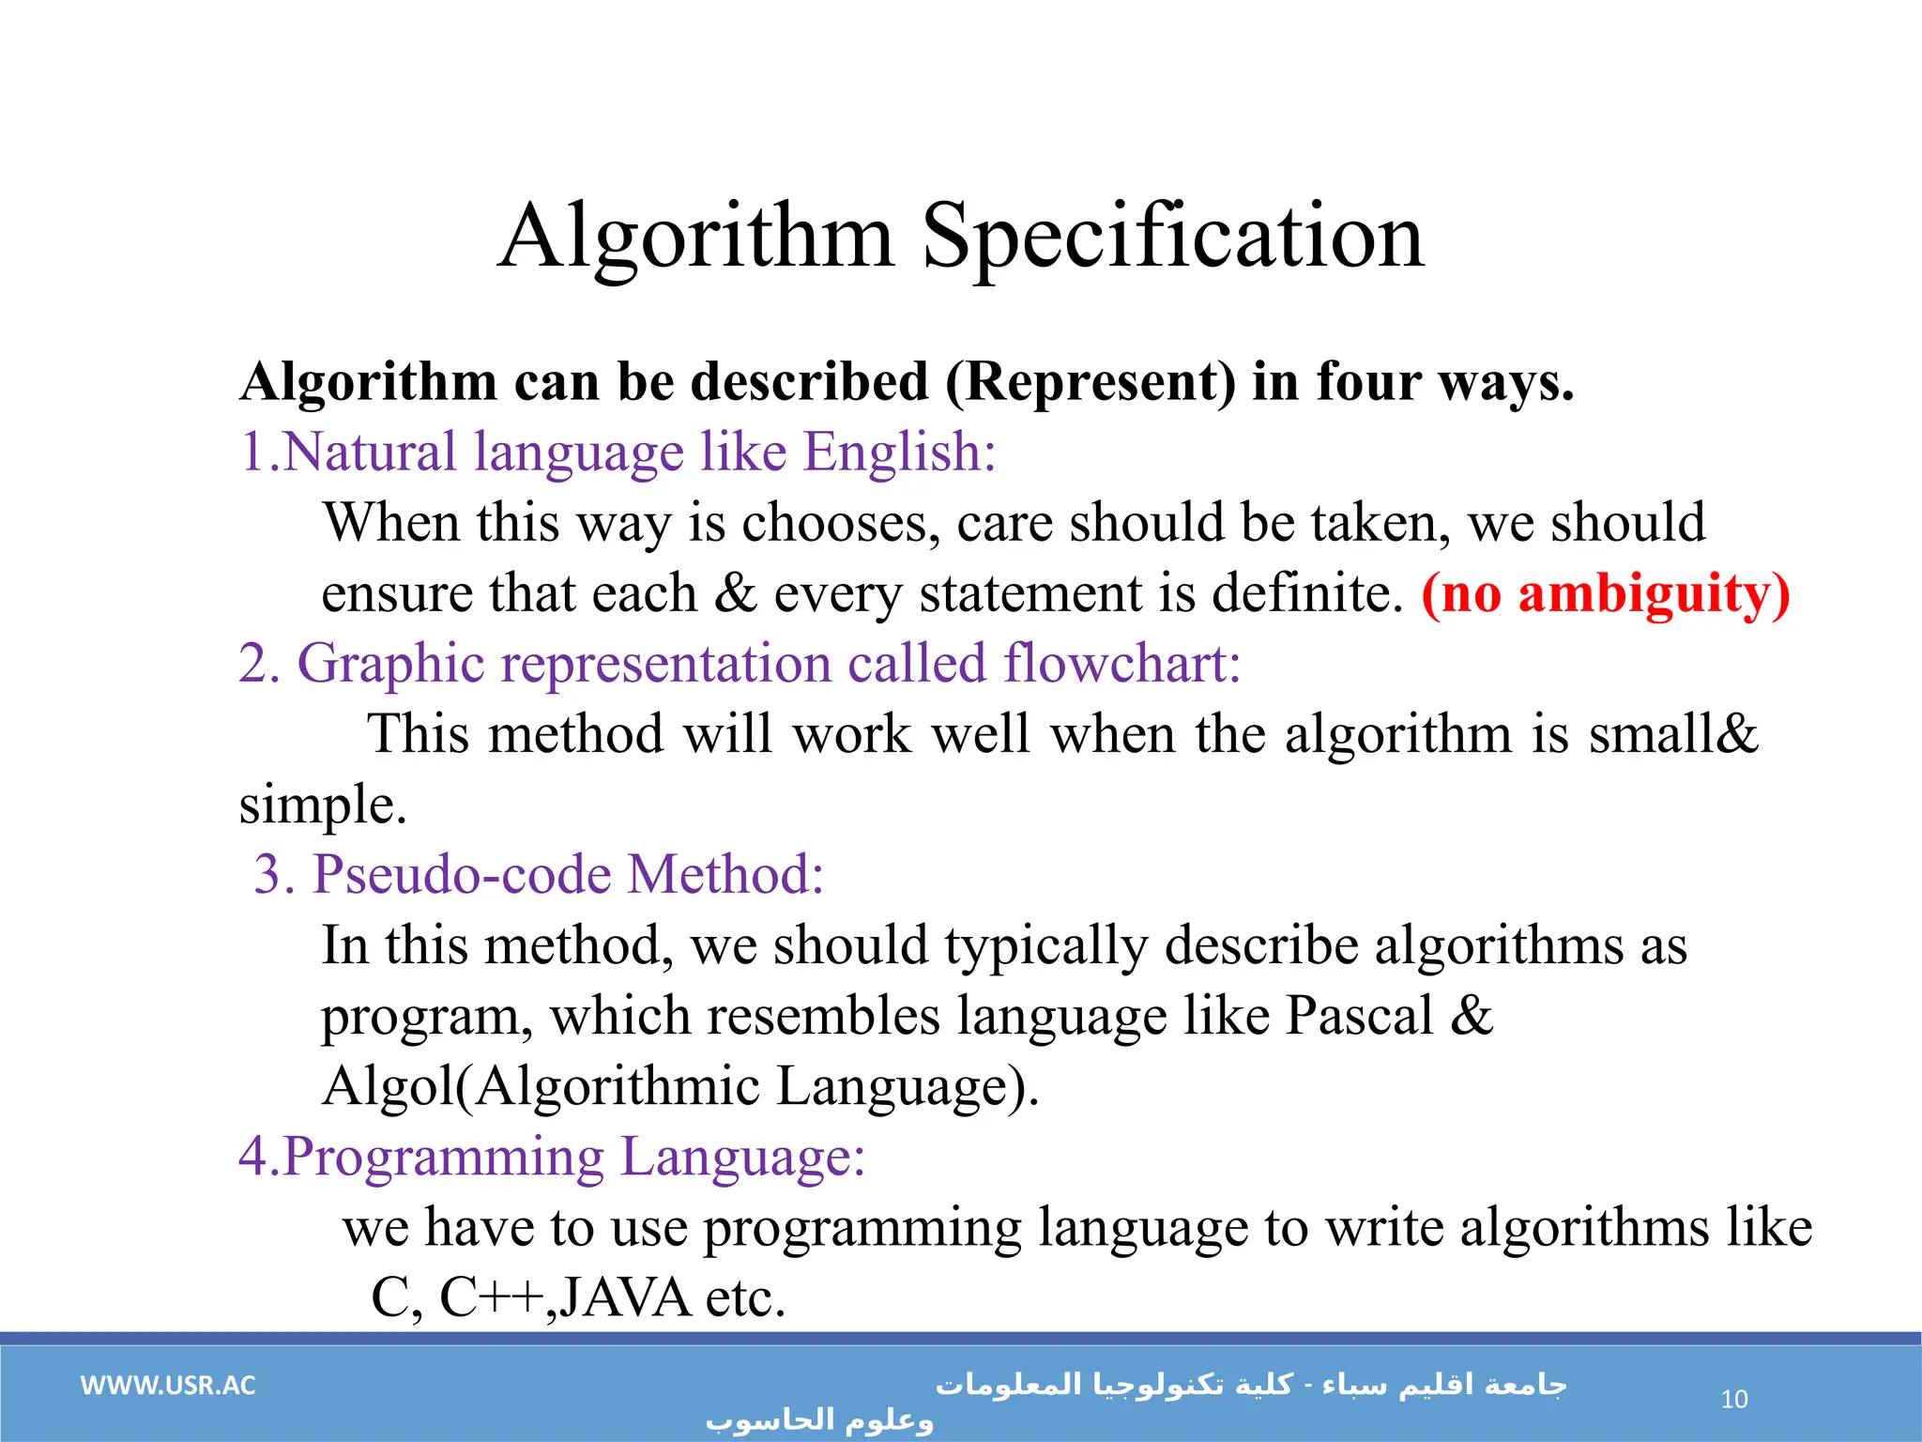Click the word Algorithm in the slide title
point(695,237)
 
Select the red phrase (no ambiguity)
point(1606,593)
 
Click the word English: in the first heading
point(899,452)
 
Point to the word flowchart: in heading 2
point(1122,663)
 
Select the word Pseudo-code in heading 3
point(461,875)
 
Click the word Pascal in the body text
point(1359,1016)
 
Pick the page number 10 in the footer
point(1733,1400)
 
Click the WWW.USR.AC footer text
point(168,1386)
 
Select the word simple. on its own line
point(323,805)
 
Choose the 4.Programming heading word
point(421,1157)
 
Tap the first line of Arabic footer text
point(1251,1385)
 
